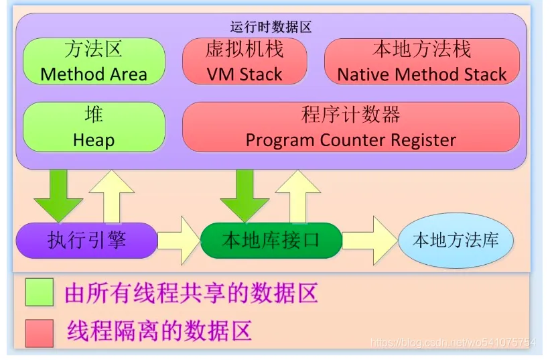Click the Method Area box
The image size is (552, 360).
click(x=94, y=61)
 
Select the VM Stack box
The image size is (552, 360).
click(x=245, y=61)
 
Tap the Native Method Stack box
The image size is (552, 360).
click(x=422, y=61)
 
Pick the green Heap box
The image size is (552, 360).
click(x=94, y=127)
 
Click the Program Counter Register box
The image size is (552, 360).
click(x=351, y=127)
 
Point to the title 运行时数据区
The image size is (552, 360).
click(x=271, y=27)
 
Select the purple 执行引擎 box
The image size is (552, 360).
click(x=86, y=241)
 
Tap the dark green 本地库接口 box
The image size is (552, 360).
click(x=271, y=241)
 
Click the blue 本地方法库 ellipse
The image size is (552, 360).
click(x=456, y=241)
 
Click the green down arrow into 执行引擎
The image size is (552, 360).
click(x=58, y=196)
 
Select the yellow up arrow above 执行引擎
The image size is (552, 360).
click(x=112, y=196)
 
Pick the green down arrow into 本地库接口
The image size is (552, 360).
click(x=245, y=196)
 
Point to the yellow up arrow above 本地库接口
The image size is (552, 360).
click(x=298, y=196)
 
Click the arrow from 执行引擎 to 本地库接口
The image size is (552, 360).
click(x=179, y=241)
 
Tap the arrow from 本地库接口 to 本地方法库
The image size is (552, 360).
click(x=370, y=241)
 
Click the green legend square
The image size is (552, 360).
click(x=40, y=292)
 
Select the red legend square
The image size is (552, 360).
click(x=40, y=333)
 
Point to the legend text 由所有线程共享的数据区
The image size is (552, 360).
click(x=191, y=293)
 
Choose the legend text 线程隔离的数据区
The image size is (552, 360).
click(x=159, y=331)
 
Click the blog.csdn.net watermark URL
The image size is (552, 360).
click(x=453, y=342)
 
